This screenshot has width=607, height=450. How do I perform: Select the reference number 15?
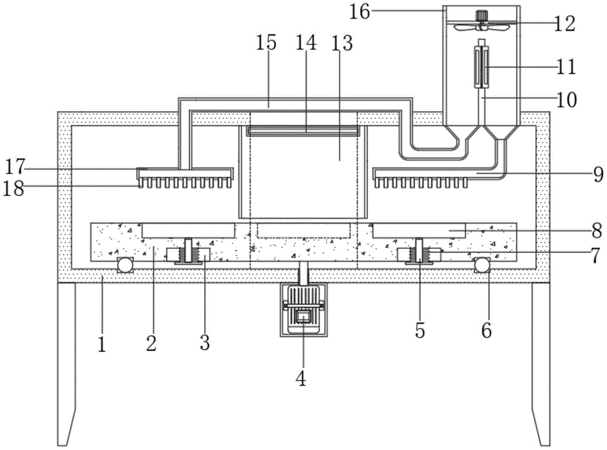pos(266,43)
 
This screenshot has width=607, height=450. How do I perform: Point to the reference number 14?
pos(305,43)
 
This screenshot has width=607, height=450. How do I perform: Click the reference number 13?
pos(344,43)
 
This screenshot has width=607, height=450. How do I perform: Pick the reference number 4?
pos(301,380)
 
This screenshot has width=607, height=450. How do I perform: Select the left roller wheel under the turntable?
pos(126,264)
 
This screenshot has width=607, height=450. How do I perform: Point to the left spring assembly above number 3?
pos(189,250)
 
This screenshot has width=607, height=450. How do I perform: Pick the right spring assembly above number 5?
pos(418,250)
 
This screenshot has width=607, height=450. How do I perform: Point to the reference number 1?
pos(102,345)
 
